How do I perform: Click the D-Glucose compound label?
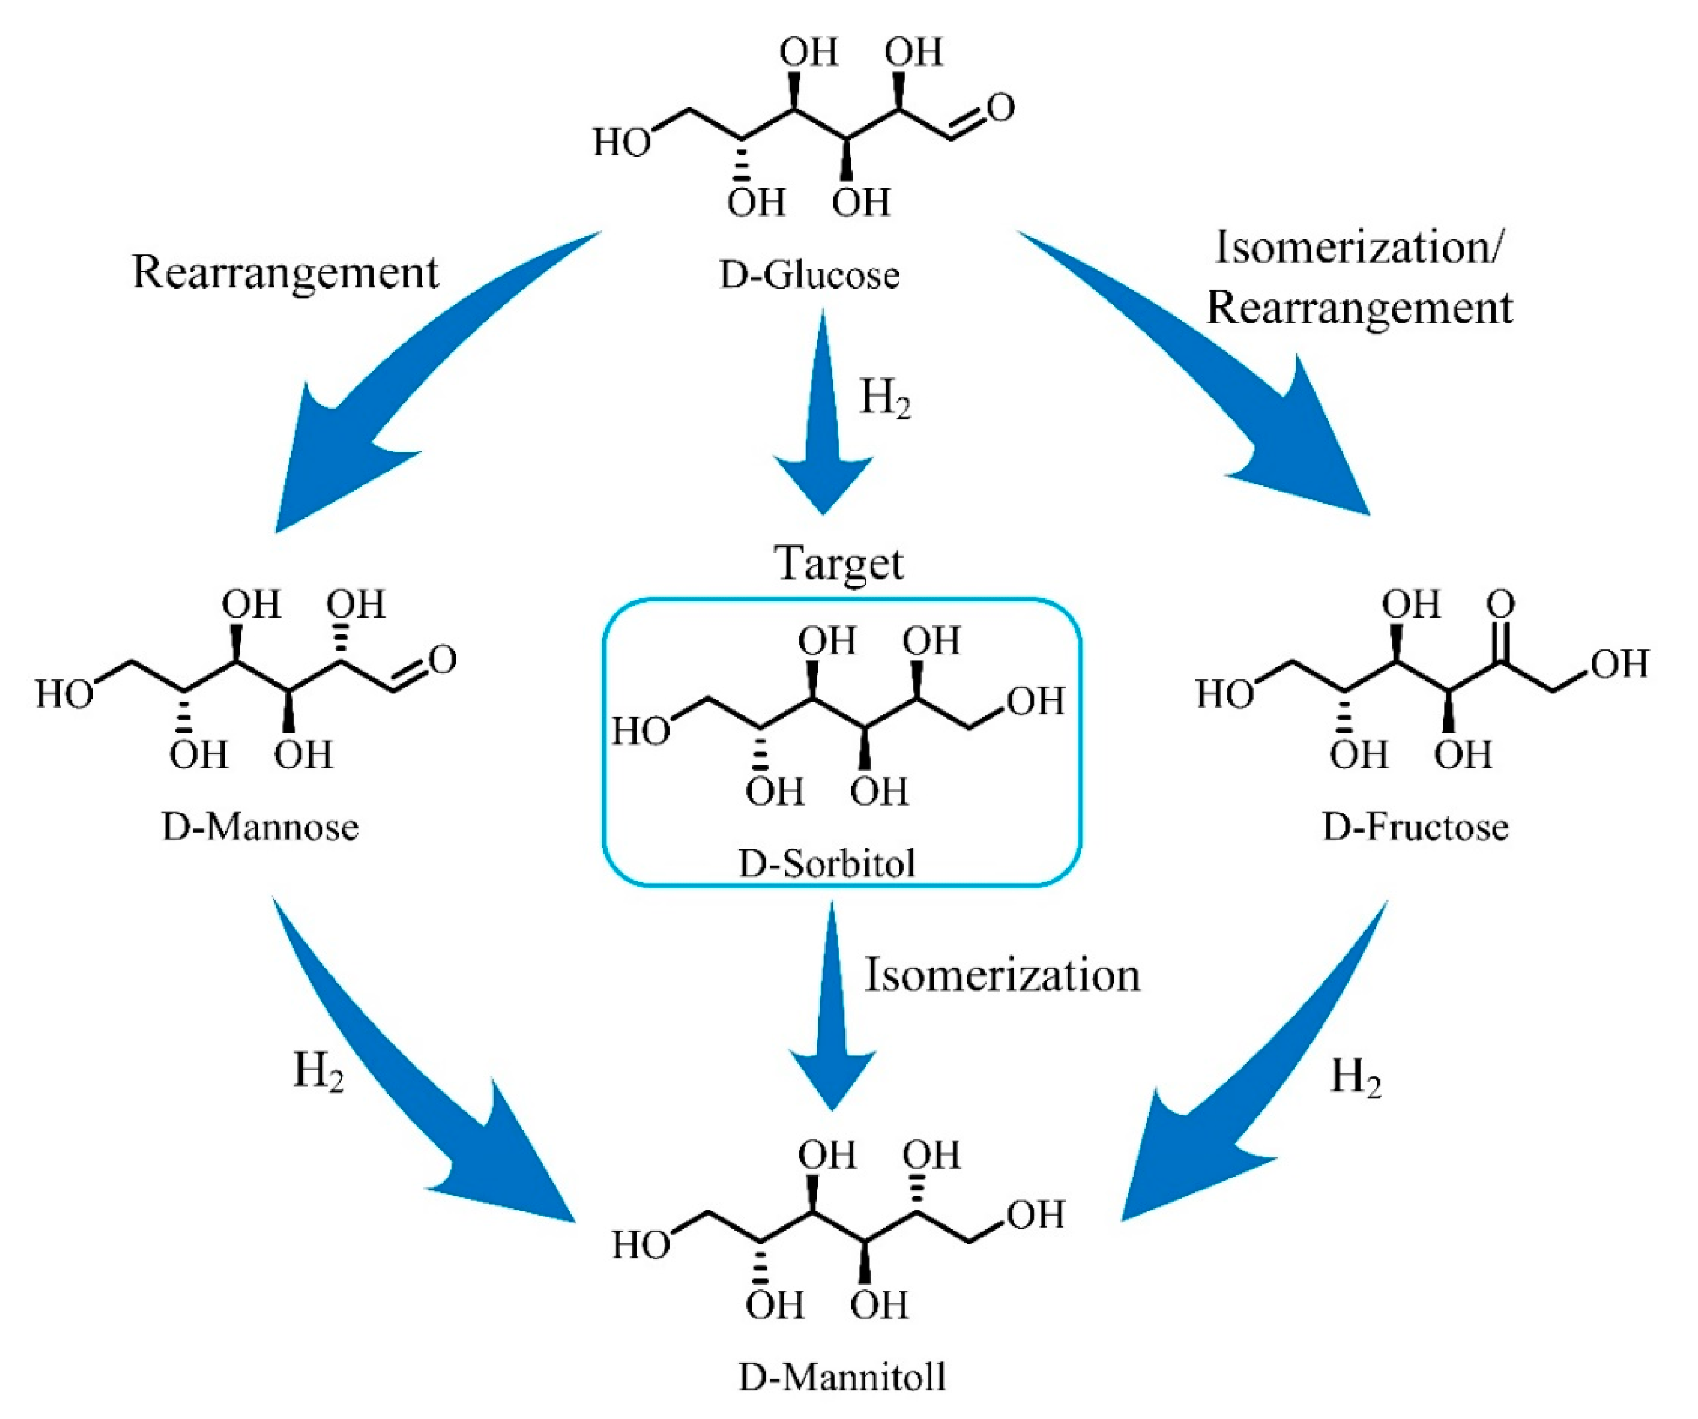810,275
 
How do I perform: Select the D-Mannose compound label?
260,827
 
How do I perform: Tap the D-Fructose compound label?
1415,827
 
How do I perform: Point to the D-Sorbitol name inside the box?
826,864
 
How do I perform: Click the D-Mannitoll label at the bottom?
842,1376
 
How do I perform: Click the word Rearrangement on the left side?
285,272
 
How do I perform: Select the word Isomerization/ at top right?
1359,247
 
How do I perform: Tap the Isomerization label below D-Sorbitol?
1002,974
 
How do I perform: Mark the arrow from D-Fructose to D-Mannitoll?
1262,1075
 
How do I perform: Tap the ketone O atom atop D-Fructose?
1501,603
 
